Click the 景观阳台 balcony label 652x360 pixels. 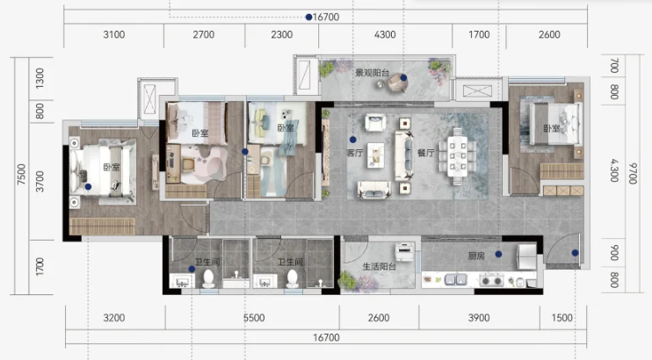coord(372,73)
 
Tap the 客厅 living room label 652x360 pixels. coord(355,153)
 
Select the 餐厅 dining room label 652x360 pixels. coord(426,153)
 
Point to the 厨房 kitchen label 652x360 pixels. coord(476,256)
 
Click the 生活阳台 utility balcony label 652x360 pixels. coord(379,266)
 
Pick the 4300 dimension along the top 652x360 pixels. coord(385,34)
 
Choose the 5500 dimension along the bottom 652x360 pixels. coord(254,318)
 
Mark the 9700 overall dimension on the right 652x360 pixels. coord(633,173)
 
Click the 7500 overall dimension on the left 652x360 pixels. coord(21,175)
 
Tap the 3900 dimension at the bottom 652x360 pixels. coord(479,318)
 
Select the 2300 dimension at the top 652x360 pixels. coord(282,34)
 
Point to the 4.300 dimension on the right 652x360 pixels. coord(614,170)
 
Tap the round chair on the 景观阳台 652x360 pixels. coord(397,83)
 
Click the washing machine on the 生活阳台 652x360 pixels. coord(404,251)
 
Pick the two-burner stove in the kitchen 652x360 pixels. coord(491,281)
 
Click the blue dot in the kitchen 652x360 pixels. coord(498,254)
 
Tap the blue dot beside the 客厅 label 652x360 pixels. coord(352,140)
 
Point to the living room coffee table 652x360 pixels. coord(376,155)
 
